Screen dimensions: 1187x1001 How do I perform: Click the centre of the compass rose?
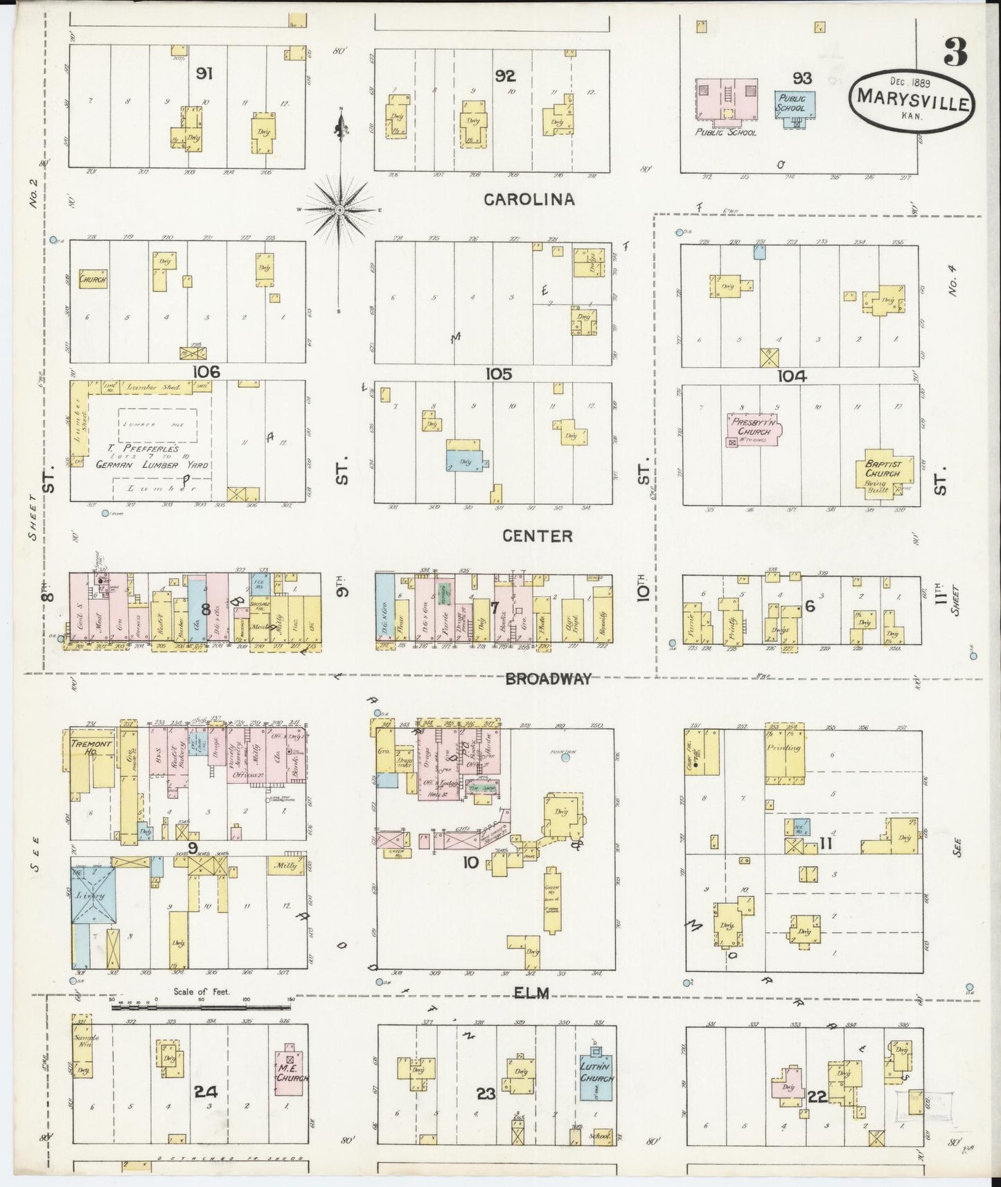(x=340, y=208)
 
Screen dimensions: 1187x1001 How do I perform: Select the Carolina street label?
(x=529, y=199)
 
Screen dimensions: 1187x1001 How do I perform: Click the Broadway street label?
(x=549, y=679)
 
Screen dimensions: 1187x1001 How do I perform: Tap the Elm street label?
(x=531, y=993)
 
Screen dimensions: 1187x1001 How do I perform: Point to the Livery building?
(x=91, y=895)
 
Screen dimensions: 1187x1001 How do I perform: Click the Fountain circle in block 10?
(x=565, y=758)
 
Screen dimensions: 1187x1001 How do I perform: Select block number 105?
(x=498, y=374)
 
